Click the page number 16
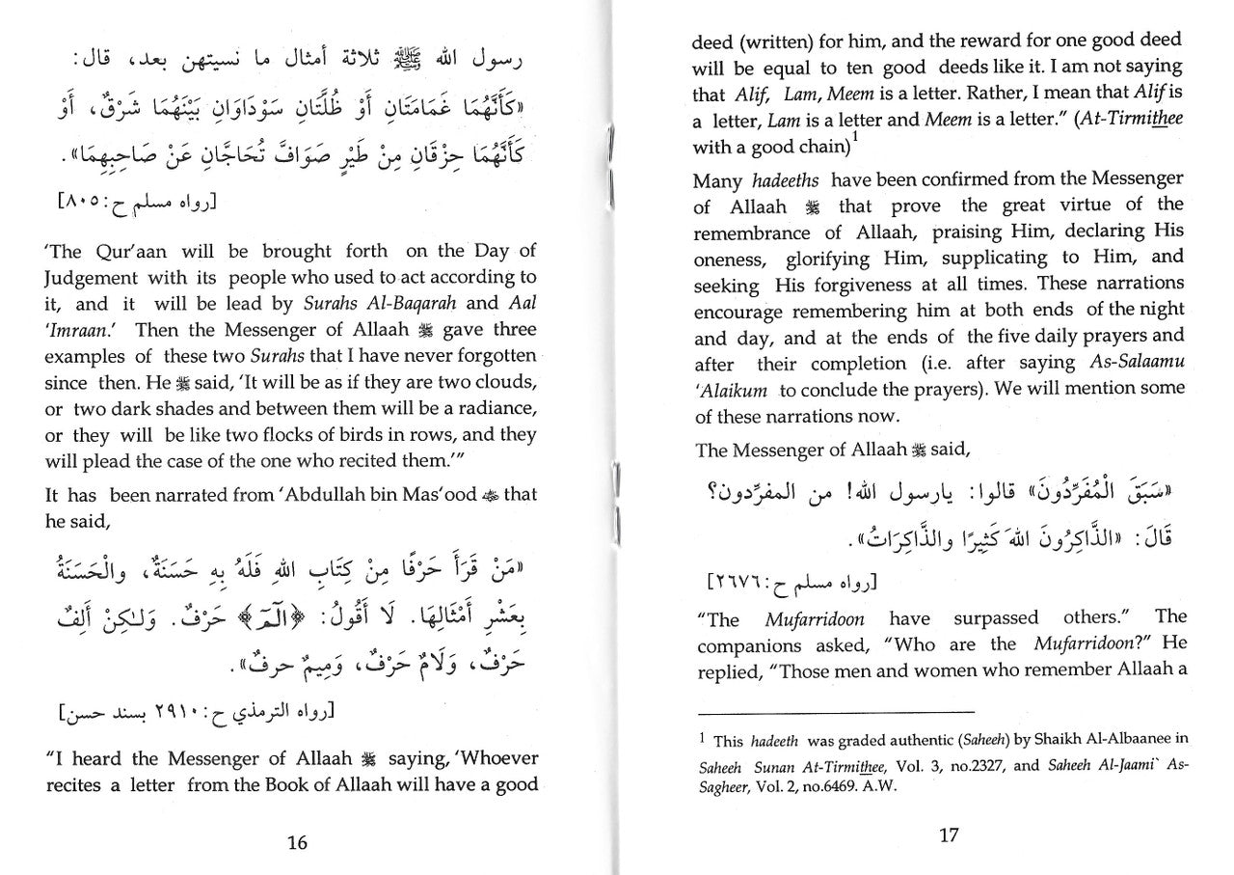298,842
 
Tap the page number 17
949,834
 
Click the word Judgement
91,278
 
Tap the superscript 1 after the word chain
856,138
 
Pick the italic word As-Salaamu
1140,363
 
